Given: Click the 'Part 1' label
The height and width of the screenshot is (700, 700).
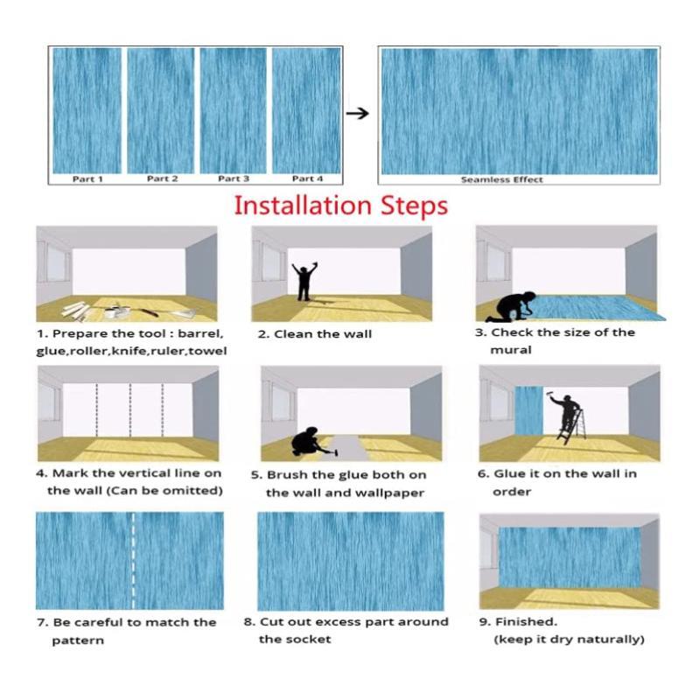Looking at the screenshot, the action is [x=87, y=179].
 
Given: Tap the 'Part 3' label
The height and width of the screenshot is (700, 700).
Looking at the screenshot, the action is [x=234, y=178].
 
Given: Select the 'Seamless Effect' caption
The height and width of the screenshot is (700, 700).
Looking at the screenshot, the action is [x=501, y=179].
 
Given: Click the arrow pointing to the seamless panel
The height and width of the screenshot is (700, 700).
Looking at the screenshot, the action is [x=358, y=114].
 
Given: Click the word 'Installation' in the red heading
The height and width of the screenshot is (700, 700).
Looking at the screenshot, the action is [x=303, y=206].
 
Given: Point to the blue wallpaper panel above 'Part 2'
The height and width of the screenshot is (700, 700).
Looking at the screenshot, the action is [x=161, y=110].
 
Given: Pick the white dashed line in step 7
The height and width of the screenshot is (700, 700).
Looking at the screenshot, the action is [x=133, y=561].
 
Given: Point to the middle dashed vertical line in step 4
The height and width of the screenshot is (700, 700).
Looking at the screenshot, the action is [x=129, y=409].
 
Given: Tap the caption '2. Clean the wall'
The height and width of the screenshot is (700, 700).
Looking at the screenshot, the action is [x=314, y=334].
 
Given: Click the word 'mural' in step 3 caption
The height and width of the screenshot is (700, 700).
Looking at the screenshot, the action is [x=511, y=349].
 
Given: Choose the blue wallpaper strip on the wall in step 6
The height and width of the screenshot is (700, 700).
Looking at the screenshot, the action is [x=529, y=410].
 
